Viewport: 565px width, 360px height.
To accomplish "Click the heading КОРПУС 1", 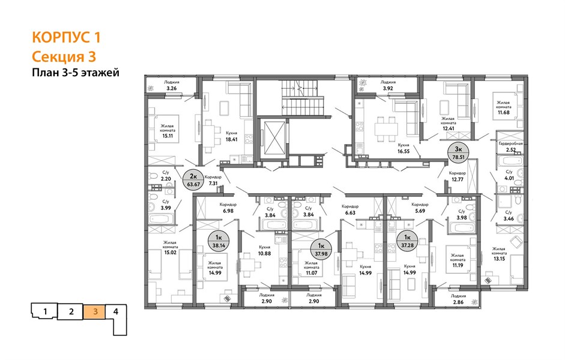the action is point(66,37).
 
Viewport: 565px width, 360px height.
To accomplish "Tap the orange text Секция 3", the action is point(64,57).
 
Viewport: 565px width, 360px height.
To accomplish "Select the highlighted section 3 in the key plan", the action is point(95,311).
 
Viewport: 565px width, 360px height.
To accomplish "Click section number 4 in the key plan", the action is point(116,311).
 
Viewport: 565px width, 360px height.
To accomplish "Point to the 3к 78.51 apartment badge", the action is point(458,153).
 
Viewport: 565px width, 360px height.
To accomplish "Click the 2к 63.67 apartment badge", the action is point(193,180).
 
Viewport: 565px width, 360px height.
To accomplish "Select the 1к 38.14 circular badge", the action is point(219,241).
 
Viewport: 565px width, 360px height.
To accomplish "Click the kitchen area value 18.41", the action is point(231,139).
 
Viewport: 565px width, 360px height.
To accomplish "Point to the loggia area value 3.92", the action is point(388,88).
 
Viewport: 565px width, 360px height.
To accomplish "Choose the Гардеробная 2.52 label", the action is point(510,146).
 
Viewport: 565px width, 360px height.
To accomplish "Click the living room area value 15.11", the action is point(168,136).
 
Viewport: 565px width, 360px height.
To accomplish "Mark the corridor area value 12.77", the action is point(458,179).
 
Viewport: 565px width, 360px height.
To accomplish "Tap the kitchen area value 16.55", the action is point(403,152).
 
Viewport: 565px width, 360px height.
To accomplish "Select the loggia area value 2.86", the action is point(458,302).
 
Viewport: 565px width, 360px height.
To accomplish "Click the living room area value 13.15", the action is point(499,259).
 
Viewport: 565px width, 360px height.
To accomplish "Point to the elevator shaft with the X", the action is point(274,138).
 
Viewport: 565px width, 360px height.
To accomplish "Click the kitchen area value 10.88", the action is point(264,253).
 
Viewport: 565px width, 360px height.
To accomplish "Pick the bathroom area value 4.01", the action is point(509,178).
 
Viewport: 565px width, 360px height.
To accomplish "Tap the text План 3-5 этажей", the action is point(76,73).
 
